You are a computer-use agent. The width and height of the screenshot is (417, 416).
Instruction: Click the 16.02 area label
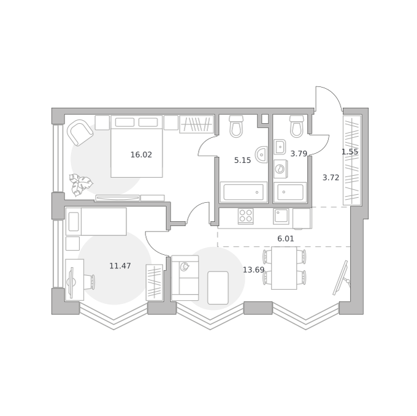coord(141,154)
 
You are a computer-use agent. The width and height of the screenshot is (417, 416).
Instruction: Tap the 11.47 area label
coord(120,266)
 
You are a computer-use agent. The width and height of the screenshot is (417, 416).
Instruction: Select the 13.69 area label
coord(253,270)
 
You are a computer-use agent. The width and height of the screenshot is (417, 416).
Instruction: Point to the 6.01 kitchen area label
coord(286,239)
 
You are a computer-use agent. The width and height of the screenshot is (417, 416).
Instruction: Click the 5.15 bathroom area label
coord(243,160)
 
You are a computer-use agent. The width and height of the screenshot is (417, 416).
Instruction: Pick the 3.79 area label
coord(299,154)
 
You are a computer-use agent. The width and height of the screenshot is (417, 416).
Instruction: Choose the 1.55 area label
coord(350,152)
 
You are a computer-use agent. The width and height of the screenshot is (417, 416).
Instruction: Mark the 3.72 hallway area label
coord(331,178)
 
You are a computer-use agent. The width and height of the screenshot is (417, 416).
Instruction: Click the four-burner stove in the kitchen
coord(246,216)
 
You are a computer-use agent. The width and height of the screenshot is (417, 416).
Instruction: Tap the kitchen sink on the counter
coord(281,216)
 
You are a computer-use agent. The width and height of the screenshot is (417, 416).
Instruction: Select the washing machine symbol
coord(280,169)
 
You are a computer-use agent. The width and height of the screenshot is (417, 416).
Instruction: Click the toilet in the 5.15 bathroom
coord(236,126)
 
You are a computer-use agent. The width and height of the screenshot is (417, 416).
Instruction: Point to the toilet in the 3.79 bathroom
coord(297,126)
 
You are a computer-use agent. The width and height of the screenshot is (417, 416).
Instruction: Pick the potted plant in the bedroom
coord(80,184)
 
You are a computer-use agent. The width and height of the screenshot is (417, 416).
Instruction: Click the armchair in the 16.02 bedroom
coord(80,132)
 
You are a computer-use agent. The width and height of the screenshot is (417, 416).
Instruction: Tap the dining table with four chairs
coord(284,268)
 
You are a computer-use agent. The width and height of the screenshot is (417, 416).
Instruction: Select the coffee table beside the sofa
coord(218,288)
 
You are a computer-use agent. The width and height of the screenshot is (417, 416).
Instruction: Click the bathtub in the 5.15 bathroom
coord(243,192)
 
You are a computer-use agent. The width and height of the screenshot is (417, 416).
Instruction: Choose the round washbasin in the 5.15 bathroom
coord(261,154)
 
